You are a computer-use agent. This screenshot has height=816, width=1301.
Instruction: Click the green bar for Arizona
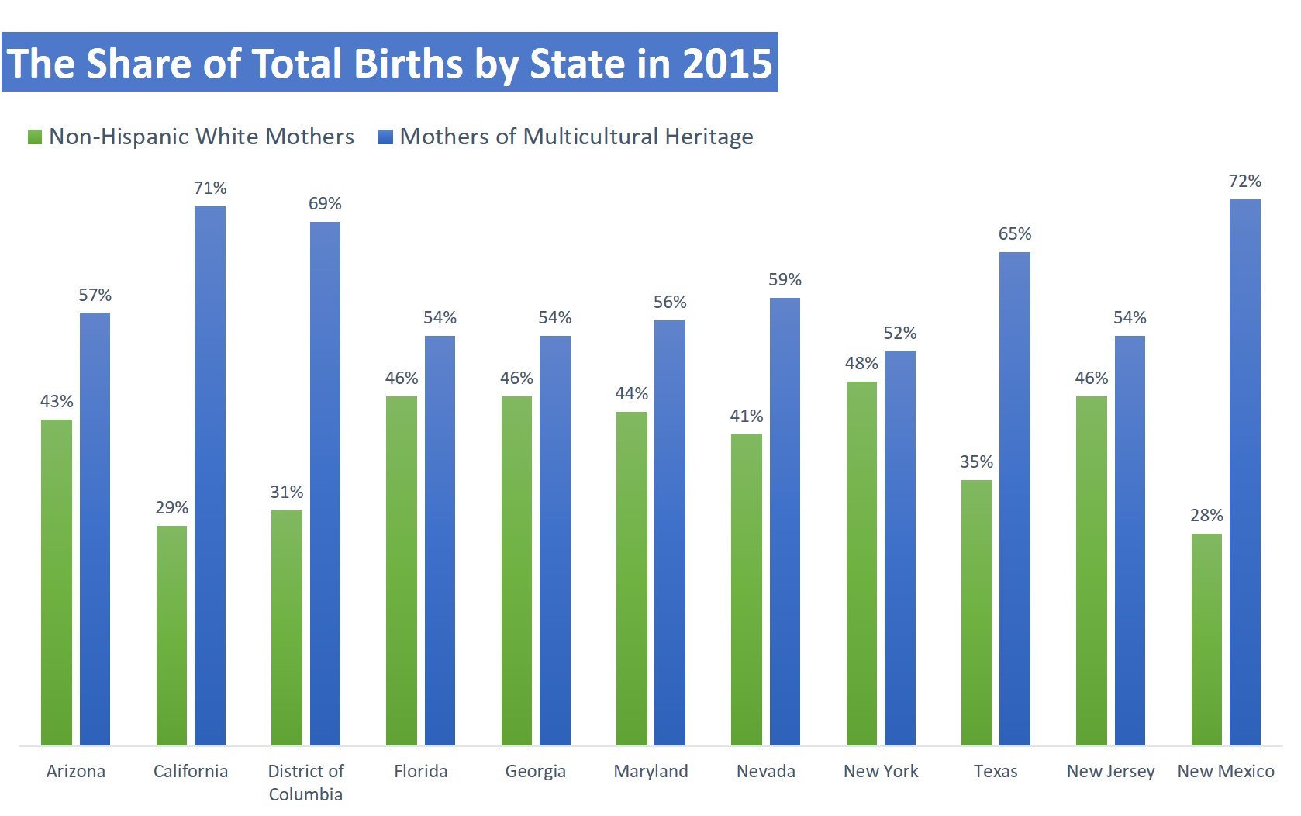click(57, 582)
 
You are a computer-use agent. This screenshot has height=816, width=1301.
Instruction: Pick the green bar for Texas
click(976, 612)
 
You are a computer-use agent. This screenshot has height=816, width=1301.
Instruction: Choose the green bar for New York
click(861, 563)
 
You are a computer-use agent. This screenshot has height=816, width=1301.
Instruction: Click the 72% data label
click(1244, 181)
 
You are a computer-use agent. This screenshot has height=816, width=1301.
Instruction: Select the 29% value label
click(171, 507)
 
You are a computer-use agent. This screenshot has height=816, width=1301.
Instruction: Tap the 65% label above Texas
click(1014, 233)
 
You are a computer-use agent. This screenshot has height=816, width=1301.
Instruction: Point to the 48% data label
click(861, 363)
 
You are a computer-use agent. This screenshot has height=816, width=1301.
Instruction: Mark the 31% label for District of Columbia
click(286, 492)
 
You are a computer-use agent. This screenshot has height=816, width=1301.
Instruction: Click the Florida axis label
click(420, 771)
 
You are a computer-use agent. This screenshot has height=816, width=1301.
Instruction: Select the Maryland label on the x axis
click(650, 771)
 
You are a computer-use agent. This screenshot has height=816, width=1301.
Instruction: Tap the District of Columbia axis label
click(305, 782)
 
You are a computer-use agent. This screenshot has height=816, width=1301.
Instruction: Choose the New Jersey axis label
click(1110, 771)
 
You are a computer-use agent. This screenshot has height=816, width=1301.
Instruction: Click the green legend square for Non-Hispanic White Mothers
click(35, 137)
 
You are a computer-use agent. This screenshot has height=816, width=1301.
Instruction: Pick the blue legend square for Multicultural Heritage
click(385, 137)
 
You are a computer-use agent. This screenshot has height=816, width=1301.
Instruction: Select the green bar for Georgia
click(516, 571)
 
